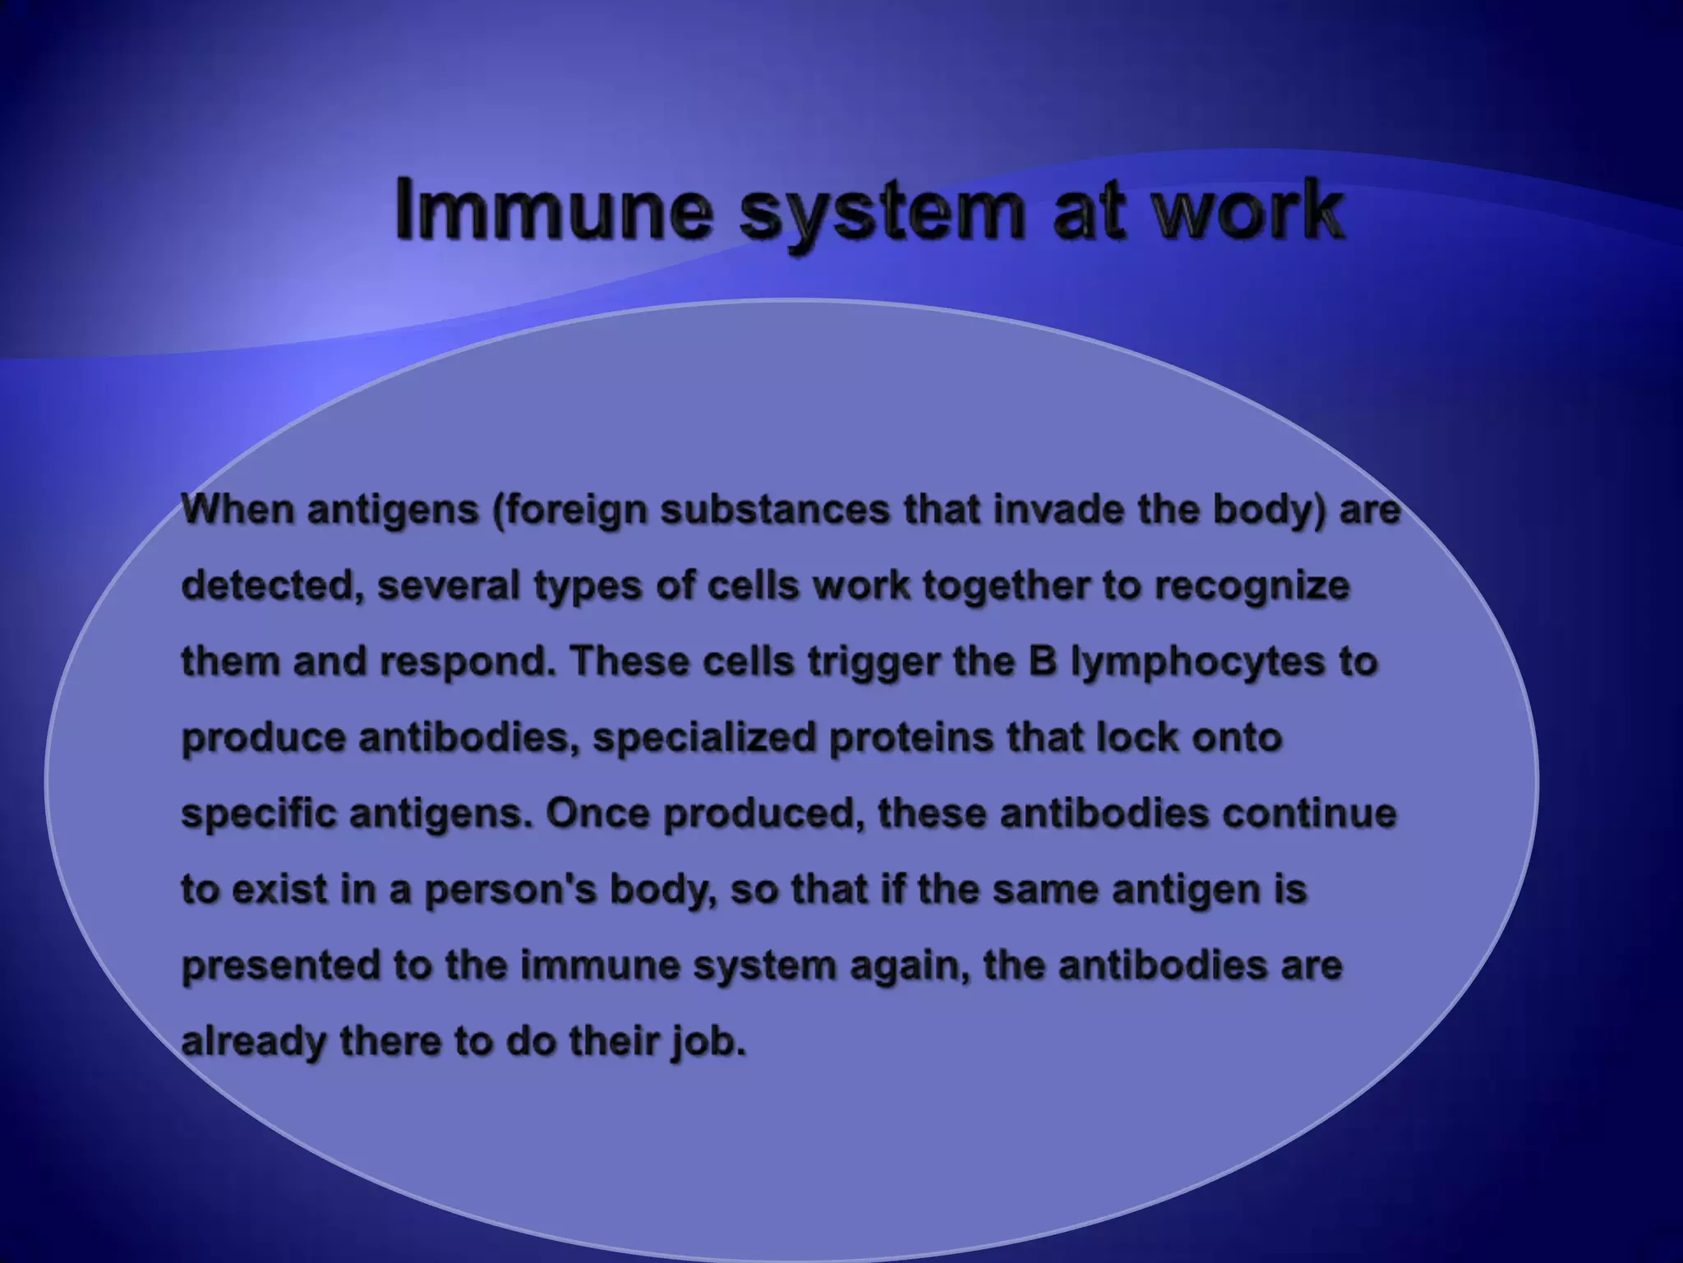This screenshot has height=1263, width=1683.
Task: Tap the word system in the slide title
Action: click(882, 212)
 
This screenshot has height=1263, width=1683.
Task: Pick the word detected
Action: click(272, 586)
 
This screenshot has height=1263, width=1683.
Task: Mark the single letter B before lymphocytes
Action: click(1042, 661)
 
